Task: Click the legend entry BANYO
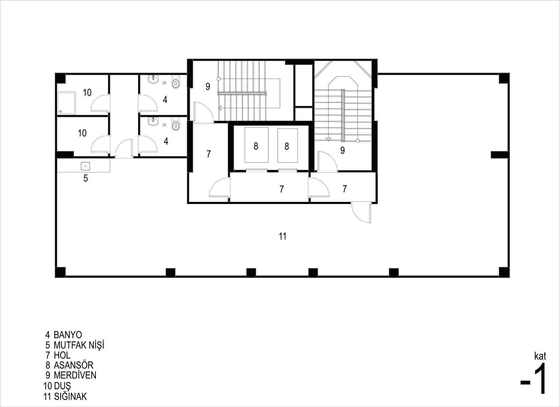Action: tap(68, 335)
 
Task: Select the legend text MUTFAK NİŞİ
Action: tap(79, 345)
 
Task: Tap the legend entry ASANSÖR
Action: tap(73, 365)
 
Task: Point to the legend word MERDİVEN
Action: tap(75, 375)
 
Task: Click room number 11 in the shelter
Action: tap(283, 236)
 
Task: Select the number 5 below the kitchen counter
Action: tap(86, 178)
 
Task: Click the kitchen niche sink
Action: tap(85, 166)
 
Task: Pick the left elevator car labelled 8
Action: tap(256, 145)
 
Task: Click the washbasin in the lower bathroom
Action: tap(153, 121)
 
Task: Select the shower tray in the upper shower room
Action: tap(67, 103)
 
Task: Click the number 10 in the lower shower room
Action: tap(82, 133)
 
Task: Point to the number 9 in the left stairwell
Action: tap(208, 87)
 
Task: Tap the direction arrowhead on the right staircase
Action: tap(328, 139)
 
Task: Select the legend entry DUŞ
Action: tap(62, 386)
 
